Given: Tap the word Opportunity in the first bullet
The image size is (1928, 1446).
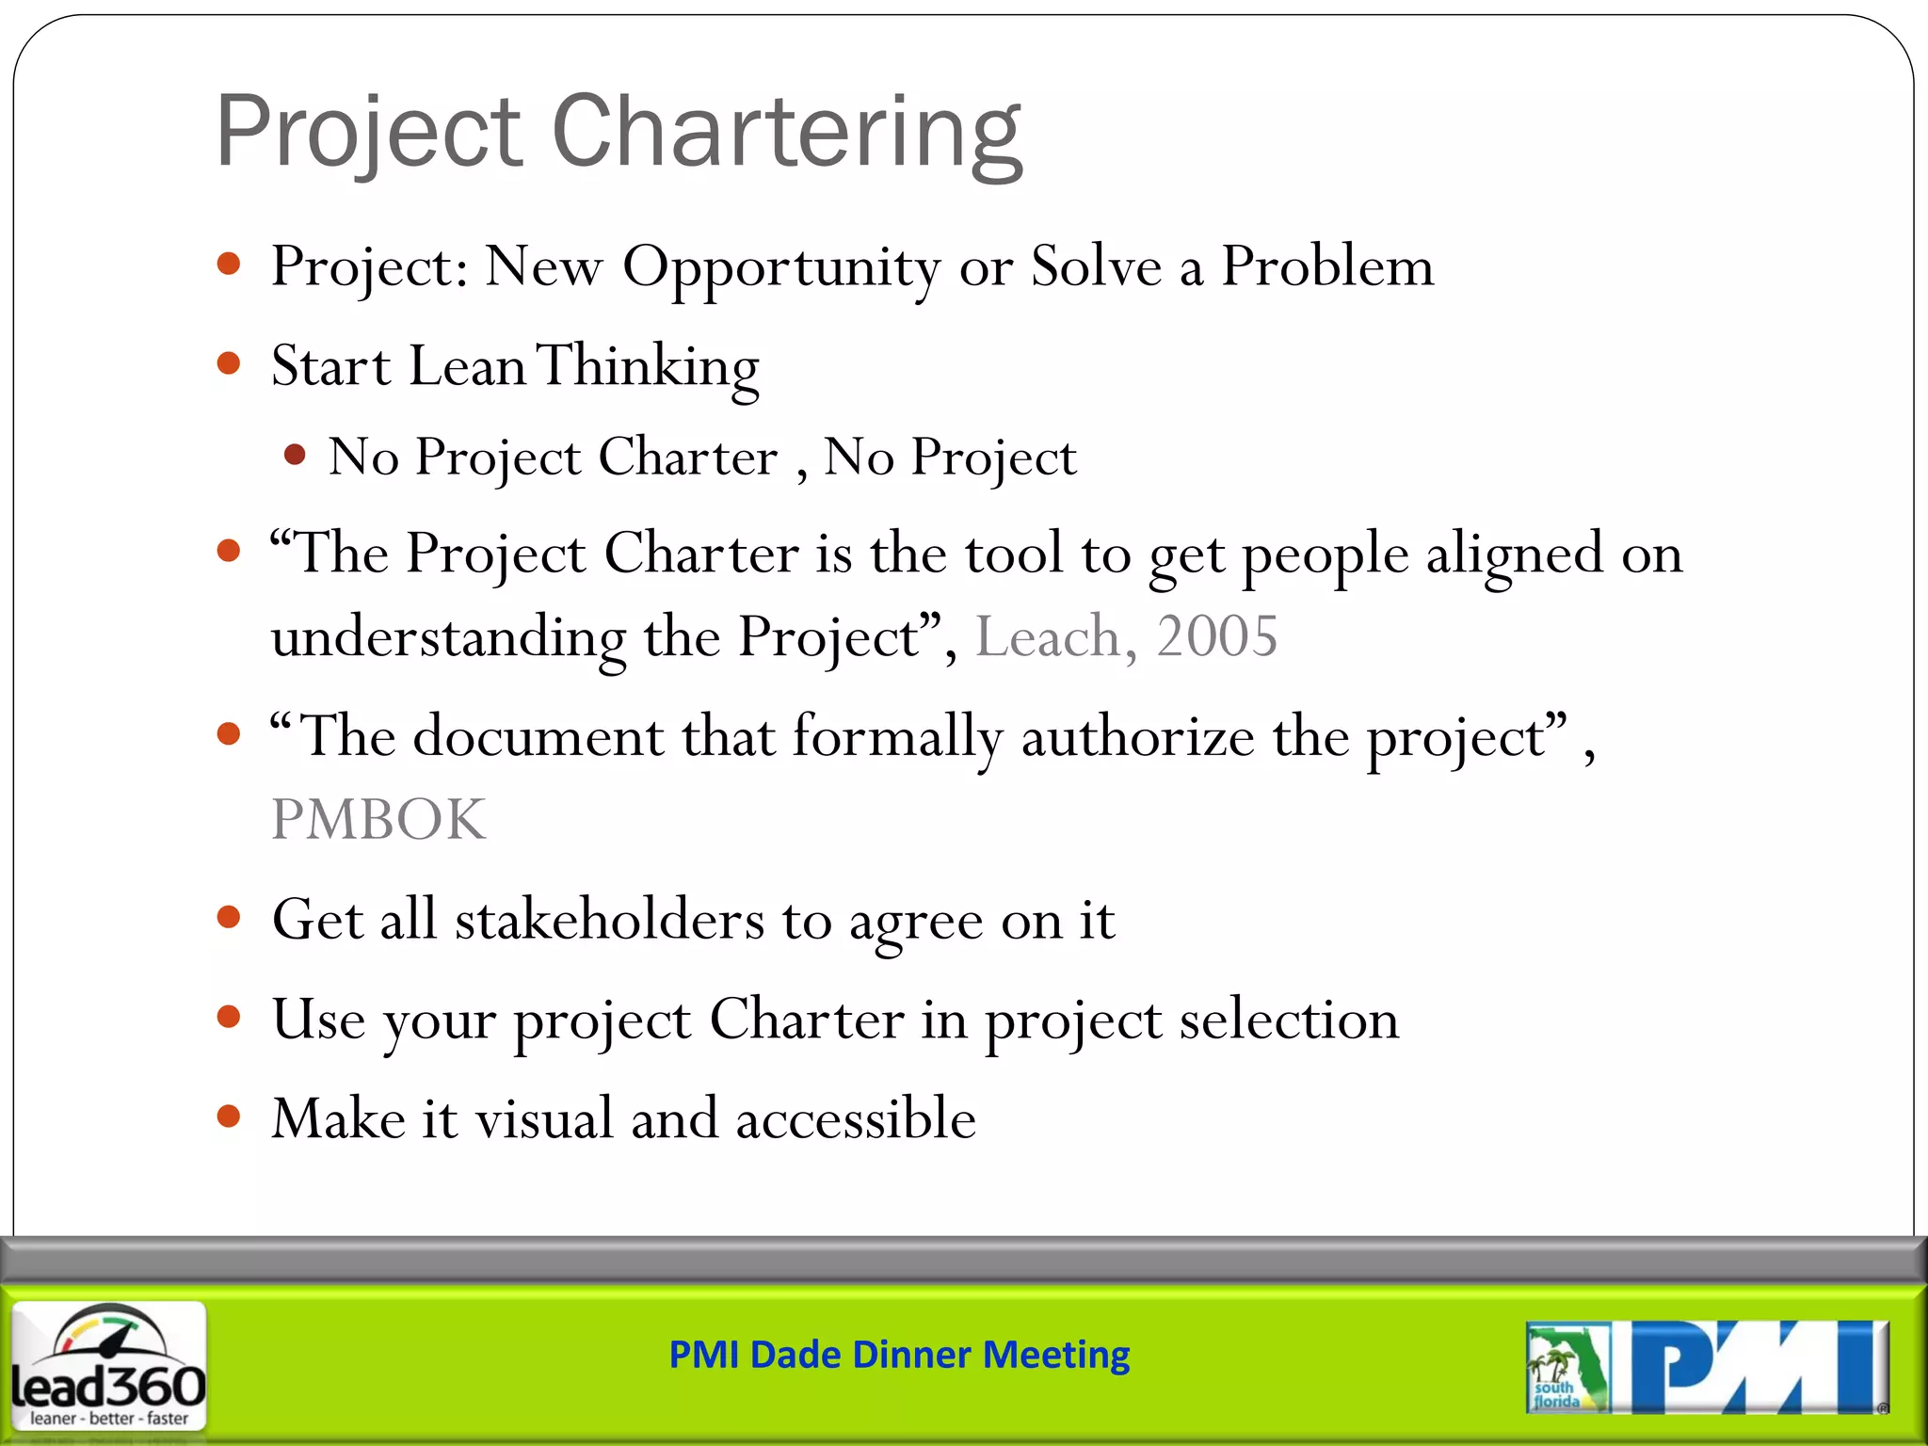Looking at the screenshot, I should point(780,267).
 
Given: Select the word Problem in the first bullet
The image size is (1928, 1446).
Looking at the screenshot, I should point(1327,267).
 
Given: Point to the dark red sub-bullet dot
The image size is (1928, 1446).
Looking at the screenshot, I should point(295,456).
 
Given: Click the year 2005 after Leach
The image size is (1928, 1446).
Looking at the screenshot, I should point(1216,637).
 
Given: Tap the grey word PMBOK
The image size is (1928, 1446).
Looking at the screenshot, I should point(378,820).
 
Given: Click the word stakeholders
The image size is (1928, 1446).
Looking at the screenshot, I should point(610,920).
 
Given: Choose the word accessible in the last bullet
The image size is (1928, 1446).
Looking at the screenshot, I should point(855,1119).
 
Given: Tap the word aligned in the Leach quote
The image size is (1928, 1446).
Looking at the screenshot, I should point(1514,554).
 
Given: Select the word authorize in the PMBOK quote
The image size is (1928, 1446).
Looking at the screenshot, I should point(1137,737).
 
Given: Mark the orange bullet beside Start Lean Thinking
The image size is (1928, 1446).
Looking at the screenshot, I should point(229,363).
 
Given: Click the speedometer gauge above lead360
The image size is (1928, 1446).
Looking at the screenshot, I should point(108,1334).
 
